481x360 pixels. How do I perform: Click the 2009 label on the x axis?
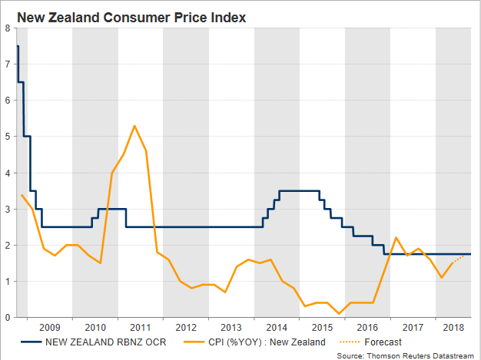click(x=49, y=326)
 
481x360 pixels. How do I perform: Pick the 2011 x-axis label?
click(x=140, y=326)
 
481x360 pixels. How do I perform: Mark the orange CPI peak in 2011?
click(x=134, y=126)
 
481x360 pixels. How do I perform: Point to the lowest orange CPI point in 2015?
click(x=339, y=313)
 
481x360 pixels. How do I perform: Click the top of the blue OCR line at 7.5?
click(x=17, y=47)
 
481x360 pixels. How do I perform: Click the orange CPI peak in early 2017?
click(x=395, y=238)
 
